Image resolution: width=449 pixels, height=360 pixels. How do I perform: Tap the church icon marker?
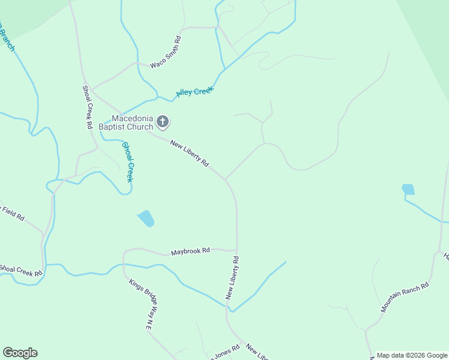click(x=162, y=122)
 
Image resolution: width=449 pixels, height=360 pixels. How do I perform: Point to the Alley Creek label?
click(x=195, y=92)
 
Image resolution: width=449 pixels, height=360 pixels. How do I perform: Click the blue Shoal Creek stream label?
click(x=128, y=161)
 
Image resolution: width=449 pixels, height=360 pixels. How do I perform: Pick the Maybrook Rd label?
click(x=190, y=251)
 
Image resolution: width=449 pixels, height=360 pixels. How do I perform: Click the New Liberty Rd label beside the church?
click(x=189, y=153)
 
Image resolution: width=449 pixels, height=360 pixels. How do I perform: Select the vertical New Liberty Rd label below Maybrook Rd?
click(x=232, y=278)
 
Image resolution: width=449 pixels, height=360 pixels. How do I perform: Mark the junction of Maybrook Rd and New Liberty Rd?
click(x=237, y=250)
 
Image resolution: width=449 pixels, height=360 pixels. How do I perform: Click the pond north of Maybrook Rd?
click(x=146, y=218)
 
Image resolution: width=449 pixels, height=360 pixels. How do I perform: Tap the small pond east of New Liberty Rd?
click(x=408, y=190)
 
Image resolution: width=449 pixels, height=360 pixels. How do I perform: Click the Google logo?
click(x=20, y=353)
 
